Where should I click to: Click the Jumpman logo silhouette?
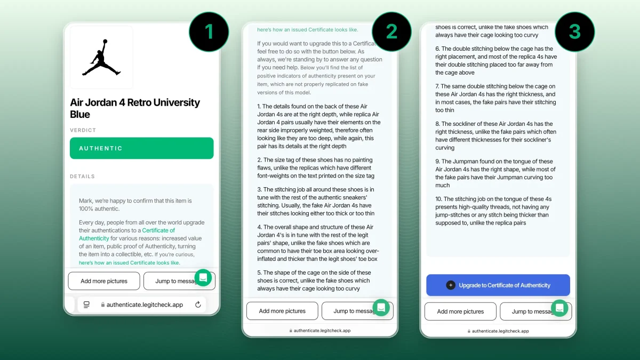(101, 58)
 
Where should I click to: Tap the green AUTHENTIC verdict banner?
(141, 148)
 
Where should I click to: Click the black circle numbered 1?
(209, 31)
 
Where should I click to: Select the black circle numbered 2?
(391, 31)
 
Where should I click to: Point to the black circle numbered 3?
(574, 31)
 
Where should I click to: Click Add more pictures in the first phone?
(104, 281)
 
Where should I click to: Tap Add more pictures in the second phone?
(282, 311)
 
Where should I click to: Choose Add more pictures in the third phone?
(460, 311)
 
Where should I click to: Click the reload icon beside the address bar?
(198, 305)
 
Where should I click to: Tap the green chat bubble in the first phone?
(203, 277)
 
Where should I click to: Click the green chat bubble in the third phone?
(559, 308)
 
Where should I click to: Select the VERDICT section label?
(83, 130)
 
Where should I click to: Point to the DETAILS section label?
(82, 177)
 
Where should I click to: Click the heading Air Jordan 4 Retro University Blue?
(135, 108)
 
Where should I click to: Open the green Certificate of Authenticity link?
(127, 234)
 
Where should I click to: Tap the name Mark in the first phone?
(85, 201)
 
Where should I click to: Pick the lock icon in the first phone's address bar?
(103, 305)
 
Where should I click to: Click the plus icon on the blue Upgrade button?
(451, 285)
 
